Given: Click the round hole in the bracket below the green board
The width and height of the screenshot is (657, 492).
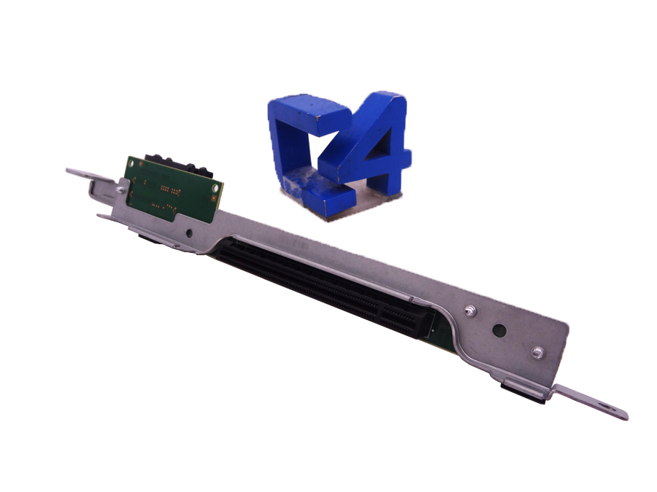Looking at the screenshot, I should click(189, 233).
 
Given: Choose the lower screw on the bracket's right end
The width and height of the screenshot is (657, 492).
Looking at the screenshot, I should click(537, 354).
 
